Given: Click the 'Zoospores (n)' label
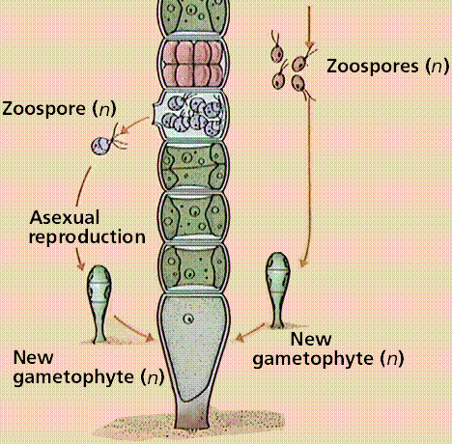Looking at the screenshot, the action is (387, 67).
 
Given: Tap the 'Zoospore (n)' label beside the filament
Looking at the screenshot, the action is (59, 108).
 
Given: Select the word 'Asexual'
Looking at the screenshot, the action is (65, 217).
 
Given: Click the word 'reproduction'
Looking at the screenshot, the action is (87, 237).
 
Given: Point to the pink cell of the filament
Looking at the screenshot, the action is (193, 64).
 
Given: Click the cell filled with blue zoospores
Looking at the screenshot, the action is (192, 114).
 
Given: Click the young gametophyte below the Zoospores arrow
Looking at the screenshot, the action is (277, 290).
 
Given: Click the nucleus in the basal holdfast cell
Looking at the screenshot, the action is (188, 319).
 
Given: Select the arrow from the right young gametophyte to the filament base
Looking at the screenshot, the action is (250, 332).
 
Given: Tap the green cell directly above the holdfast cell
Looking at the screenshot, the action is (193, 267).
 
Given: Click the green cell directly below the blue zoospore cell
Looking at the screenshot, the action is (193, 166).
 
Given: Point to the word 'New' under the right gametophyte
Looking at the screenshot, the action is (311, 339).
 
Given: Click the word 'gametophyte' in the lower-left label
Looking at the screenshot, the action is (73, 377).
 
